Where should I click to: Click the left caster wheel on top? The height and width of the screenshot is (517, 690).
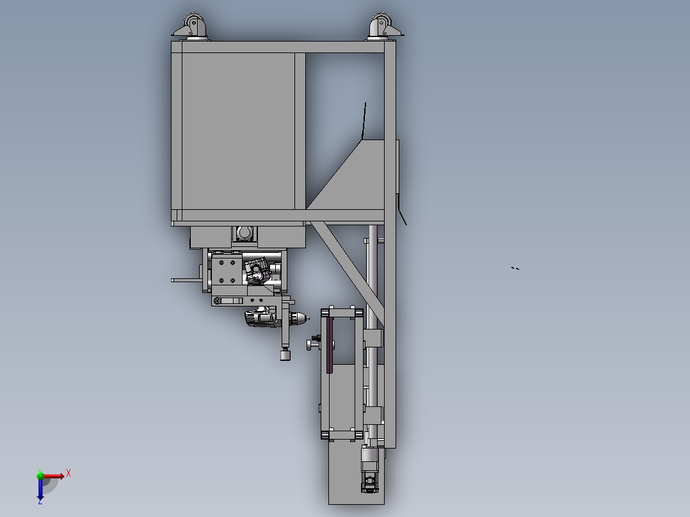click(x=191, y=26)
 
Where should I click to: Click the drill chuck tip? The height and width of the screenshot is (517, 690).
click(x=301, y=317)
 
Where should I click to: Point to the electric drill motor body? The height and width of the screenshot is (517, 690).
click(x=260, y=317)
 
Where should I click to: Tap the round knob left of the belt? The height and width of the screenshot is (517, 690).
click(x=310, y=345)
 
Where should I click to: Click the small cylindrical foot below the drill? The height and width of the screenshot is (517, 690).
click(x=285, y=354)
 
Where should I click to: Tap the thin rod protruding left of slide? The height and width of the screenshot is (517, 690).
click(x=186, y=280)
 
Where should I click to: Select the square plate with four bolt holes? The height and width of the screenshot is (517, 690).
click(x=227, y=271)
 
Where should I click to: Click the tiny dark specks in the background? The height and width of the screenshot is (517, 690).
click(x=515, y=268)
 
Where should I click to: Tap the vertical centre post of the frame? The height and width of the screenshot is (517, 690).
click(x=300, y=131)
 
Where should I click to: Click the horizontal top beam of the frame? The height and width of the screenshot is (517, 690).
click(x=282, y=47)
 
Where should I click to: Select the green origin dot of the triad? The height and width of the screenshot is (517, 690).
click(x=40, y=475)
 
